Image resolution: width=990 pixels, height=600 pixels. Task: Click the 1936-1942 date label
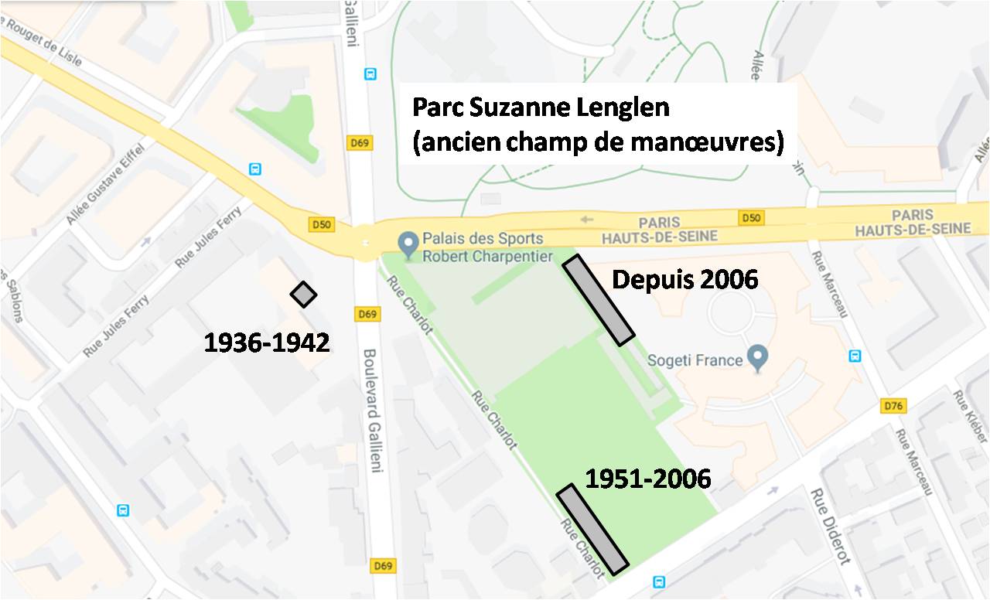click(x=267, y=342)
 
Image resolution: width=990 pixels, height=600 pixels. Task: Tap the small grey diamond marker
click(x=304, y=294)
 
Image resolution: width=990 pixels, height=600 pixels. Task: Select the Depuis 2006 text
click(x=684, y=279)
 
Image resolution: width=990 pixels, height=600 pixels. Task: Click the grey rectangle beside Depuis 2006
click(x=599, y=299)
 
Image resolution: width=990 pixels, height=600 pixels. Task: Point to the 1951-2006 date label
click(x=648, y=479)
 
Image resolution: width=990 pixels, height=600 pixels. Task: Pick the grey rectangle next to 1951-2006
click(x=592, y=530)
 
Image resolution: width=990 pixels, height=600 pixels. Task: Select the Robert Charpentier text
click(x=487, y=256)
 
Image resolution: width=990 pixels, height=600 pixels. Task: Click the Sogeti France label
click(x=695, y=360)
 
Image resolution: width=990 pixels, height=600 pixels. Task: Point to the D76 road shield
click(x=893, y=406)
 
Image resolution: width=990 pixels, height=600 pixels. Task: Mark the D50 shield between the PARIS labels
click(x=751, y=218)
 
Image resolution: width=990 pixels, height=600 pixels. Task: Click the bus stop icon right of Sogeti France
click(x=855, y=356)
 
